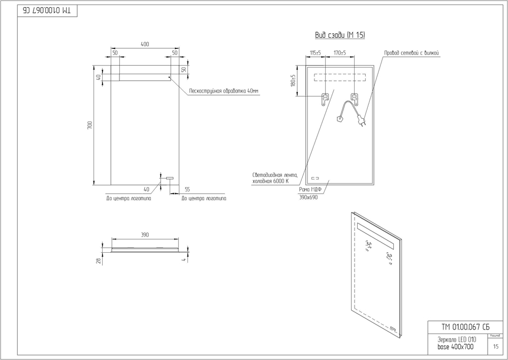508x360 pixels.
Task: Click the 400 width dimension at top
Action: pyautogui.click(x=145, y=45)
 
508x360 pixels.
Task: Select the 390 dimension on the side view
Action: pyautogui.click(x=145, y=234)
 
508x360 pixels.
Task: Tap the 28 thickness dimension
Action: pyautogui.click(x=99, y=260)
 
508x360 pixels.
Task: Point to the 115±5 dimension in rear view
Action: pyautogui.click(x=315, y=52)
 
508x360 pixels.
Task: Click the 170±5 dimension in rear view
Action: pyautogui.click(x=339, y=52)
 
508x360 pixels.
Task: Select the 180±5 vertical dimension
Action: pyautogui.click(x=293, y=80)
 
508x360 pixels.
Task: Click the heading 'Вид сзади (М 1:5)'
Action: pyautogui.click(x=340, y=36)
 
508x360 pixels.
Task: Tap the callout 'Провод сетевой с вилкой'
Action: pyautogui.click(x=411, y=53)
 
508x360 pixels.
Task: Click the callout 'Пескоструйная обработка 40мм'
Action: pyautogui.click(x=224, y=91)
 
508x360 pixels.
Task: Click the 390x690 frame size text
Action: pyautogui.click(x=308, y=197)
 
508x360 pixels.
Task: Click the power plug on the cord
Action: pyautogui.click(x=362, y=122)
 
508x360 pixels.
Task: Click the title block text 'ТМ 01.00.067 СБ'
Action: pyautogui.click(x=458, y=326)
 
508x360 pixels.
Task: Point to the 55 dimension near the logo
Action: pyautogui.click(x=187, y=189)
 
